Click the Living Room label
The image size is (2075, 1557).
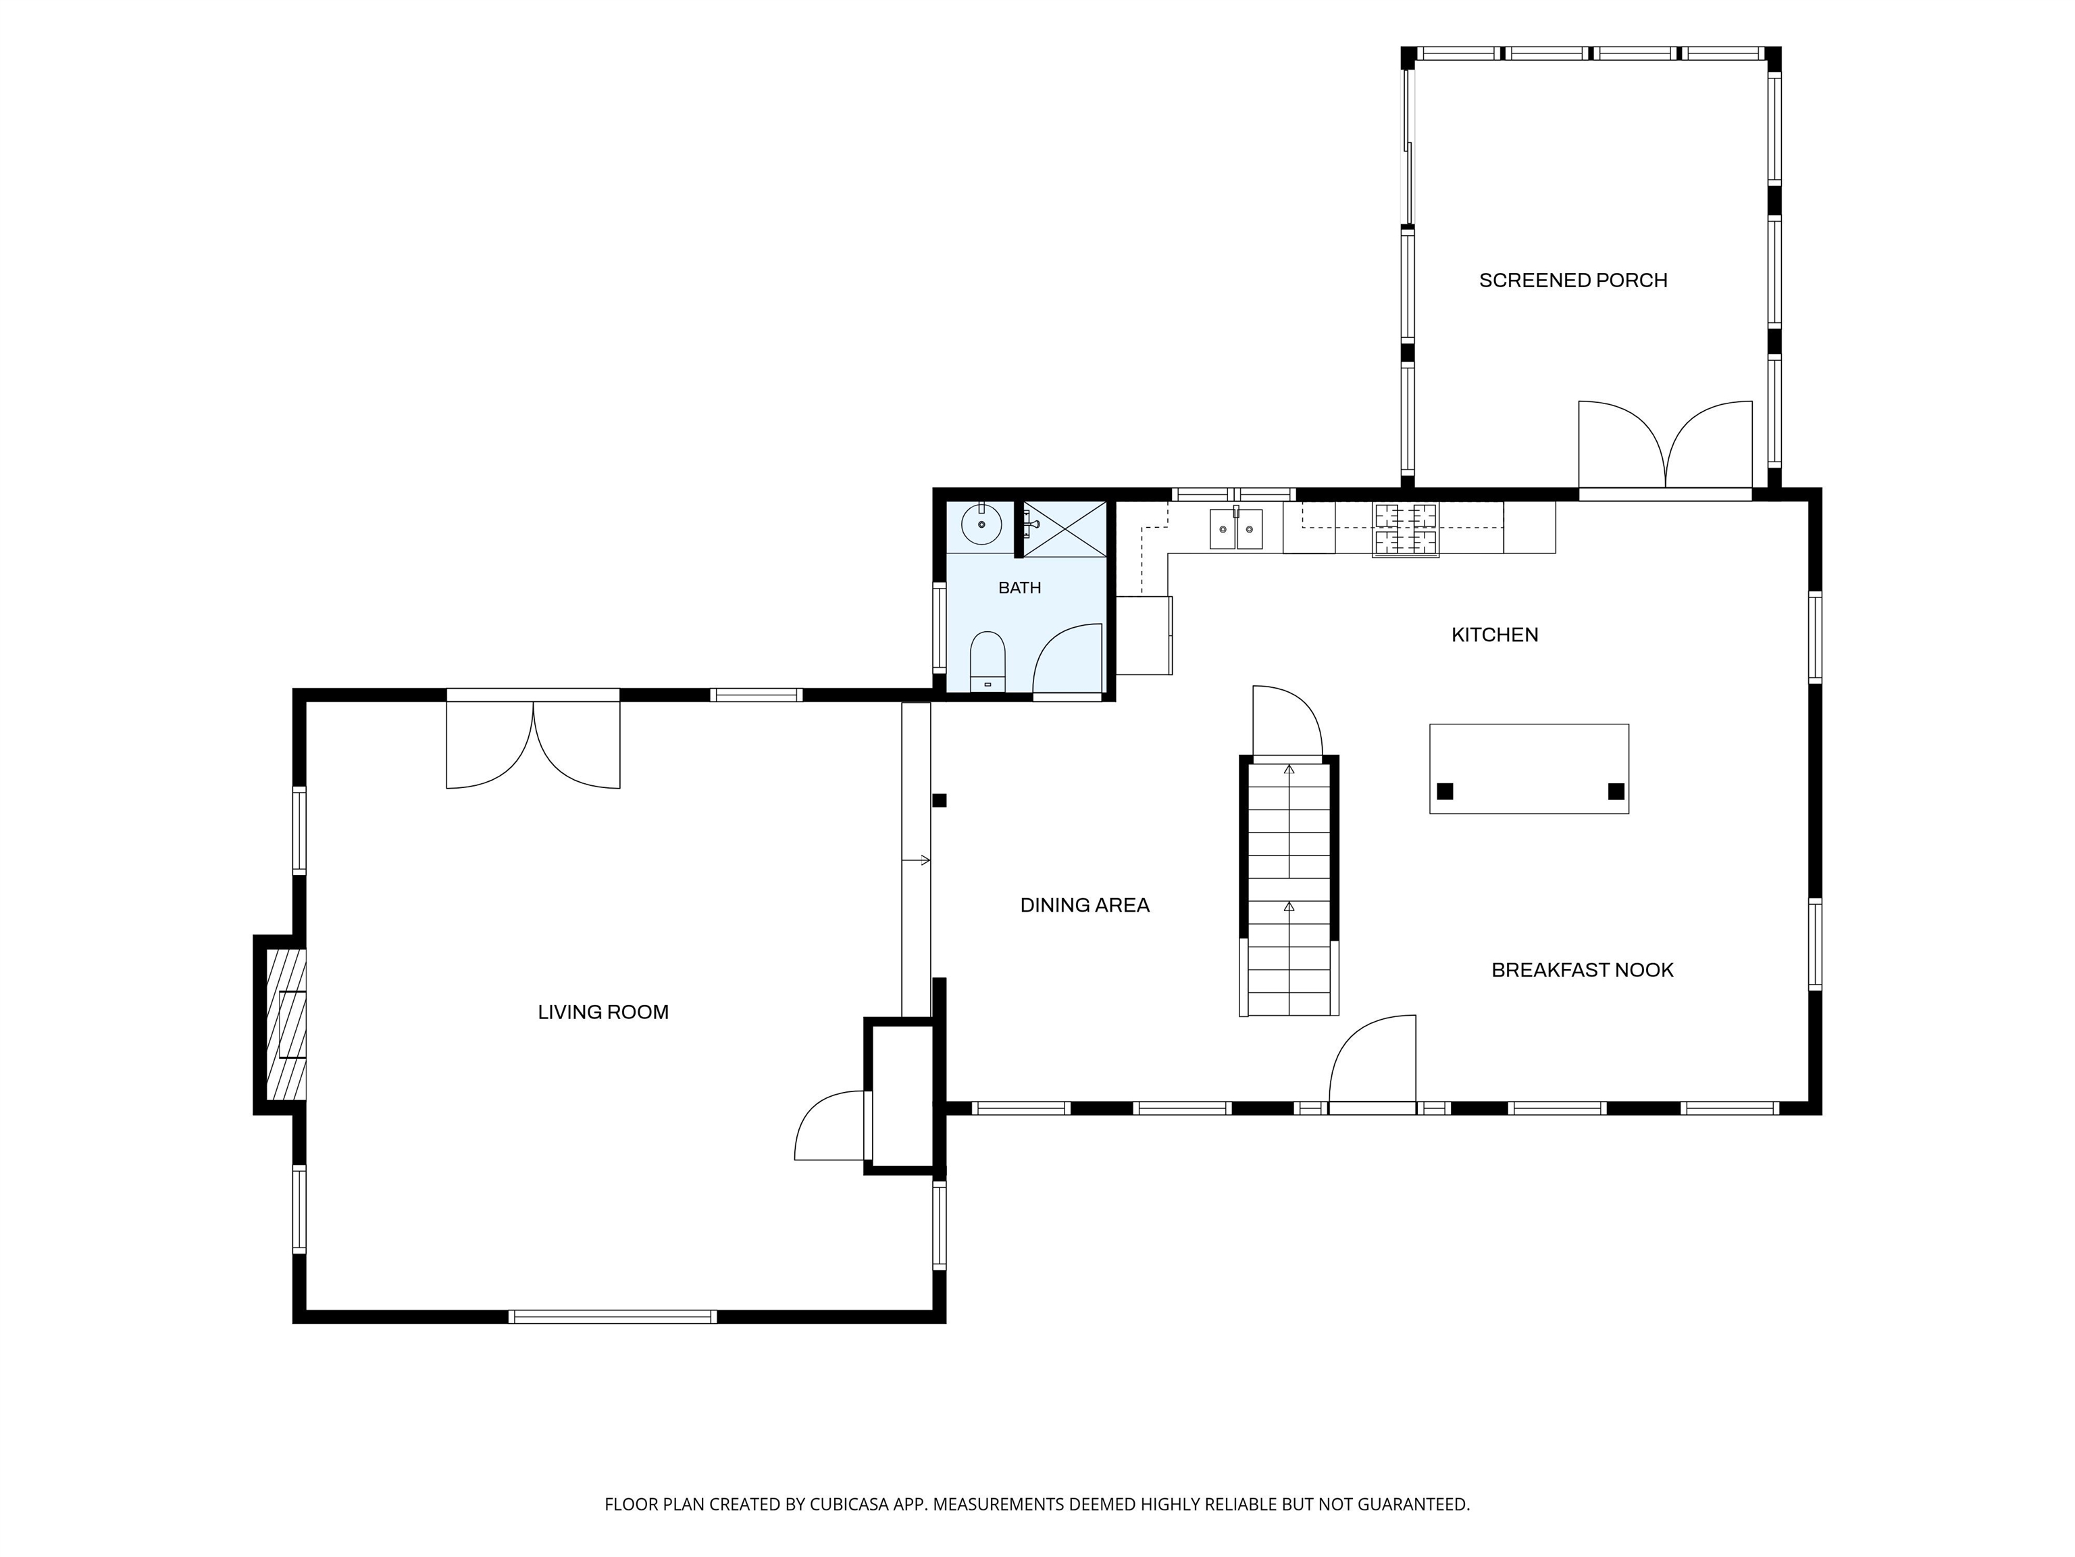point(603,1012)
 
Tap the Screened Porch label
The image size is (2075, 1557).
point(1573,280)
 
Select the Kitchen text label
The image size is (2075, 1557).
point(1494,635)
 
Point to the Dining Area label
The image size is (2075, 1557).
point(1084,905)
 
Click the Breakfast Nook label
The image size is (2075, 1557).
point(1583,970)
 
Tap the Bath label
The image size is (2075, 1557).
point(1020,587)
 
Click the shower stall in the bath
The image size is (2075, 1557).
point(1064,529)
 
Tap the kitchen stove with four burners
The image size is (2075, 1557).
point(1405,530)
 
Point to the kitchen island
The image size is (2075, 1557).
point(1529,768)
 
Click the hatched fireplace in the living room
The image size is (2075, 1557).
point(286,1024)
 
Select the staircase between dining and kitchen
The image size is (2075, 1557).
point(1289,885)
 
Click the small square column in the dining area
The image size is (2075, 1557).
point(939,801)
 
